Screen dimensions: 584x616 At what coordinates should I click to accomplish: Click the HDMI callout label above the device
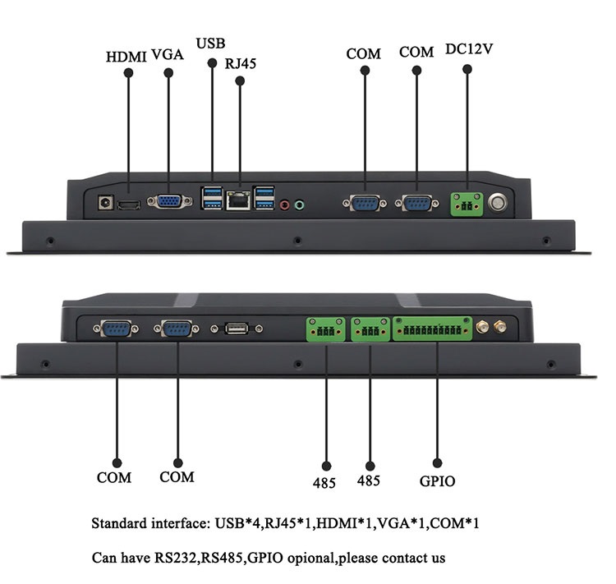126,57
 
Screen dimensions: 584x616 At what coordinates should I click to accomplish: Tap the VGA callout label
168,56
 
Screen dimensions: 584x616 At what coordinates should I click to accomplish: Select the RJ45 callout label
240,62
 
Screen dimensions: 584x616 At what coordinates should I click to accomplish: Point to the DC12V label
468,48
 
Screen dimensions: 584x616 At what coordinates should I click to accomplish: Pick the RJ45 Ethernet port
239,200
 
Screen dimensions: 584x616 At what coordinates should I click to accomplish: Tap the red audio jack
285,204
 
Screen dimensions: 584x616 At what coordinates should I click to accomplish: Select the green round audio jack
300,204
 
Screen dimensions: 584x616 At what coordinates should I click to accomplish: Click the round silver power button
498,203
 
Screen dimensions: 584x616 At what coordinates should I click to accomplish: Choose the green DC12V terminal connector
467,204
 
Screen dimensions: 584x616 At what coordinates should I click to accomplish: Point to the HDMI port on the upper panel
127,204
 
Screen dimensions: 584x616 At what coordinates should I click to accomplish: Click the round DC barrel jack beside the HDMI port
105,202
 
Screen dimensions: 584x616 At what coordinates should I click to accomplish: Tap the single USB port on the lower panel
237,329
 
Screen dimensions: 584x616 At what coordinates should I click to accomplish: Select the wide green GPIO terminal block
432,329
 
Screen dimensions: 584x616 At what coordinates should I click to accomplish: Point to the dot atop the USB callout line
212,63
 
